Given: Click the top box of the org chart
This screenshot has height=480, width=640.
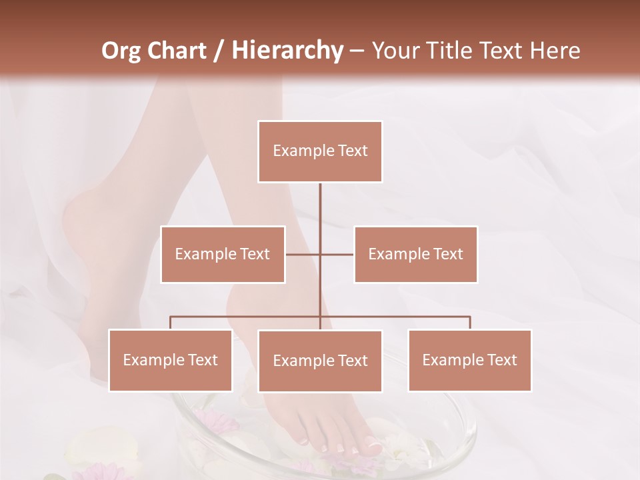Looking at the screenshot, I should point(320,151).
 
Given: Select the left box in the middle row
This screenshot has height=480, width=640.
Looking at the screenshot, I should point(223,254).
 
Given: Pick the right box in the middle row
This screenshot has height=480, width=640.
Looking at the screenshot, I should point(415,254).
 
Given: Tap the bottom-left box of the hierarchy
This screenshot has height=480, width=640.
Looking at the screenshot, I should point(170,360).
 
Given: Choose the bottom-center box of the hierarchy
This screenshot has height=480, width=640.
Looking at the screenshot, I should point(320,361).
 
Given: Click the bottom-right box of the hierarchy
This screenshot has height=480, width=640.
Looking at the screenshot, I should point(469,360).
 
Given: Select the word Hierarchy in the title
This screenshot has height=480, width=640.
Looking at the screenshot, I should point(287,51).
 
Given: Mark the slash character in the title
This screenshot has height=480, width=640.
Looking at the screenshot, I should point(219,51).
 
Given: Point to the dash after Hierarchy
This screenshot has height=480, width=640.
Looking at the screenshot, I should point(357,51).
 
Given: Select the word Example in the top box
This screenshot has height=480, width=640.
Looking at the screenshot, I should point(303,151).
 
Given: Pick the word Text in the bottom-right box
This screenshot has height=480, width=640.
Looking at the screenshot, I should point(502,360).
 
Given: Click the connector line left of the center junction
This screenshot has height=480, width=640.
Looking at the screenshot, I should point(303,254).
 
